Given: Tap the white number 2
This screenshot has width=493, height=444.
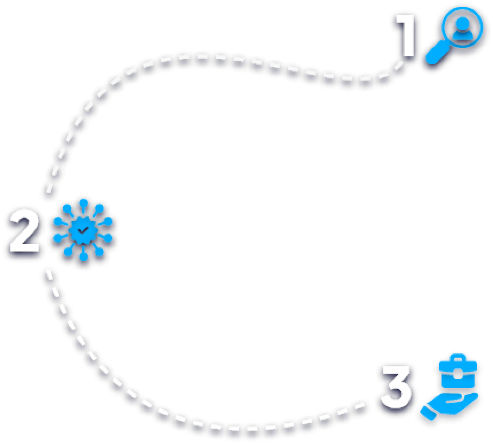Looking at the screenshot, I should (x=24, y=231).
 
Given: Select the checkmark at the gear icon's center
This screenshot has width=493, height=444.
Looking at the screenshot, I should (x=82, y=230).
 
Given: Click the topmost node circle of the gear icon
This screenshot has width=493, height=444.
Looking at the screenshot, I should (x=83, y=203).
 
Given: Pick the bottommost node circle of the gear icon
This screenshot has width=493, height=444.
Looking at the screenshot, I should (x=83, y=257).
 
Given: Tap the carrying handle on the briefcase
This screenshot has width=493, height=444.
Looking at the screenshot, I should (x=458, y=358).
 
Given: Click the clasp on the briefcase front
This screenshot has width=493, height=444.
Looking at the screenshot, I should (x=458, y=373).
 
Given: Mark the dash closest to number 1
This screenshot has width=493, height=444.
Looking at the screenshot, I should (x=399, y=65).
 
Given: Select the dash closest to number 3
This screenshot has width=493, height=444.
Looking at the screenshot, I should (x=359, y=406).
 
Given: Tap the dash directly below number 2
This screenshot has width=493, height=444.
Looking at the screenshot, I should (x=49, y=274).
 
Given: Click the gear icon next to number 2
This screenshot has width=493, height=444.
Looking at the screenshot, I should (x=83, y=230).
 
